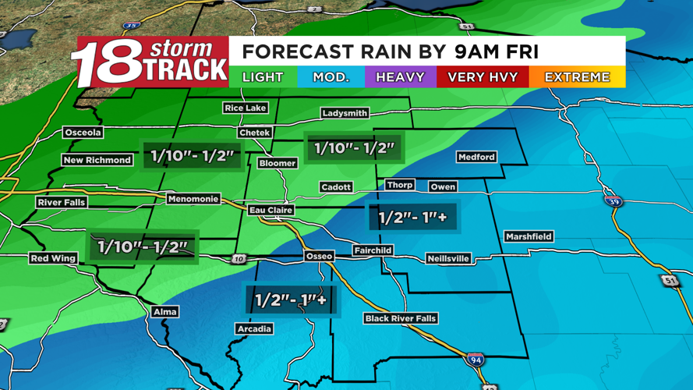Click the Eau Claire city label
click(271, 210)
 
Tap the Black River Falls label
click(401, 318)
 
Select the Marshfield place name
click(529, 236)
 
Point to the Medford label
click(476, 157)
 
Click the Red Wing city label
click(53, 258)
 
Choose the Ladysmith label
click(345, 113)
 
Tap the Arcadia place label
click(254, 328)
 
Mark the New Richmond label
click(97, 160)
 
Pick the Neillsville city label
click(448, 258)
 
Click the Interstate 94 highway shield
click(476, 360)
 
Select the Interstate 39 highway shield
click(613, 200)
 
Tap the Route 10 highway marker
click(239, 259)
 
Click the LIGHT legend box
click(263, 77)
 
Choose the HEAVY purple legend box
click(400, 77)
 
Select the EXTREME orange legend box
click(577, 77)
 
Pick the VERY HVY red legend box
click(483, 77)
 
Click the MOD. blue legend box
click(331, 77)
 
